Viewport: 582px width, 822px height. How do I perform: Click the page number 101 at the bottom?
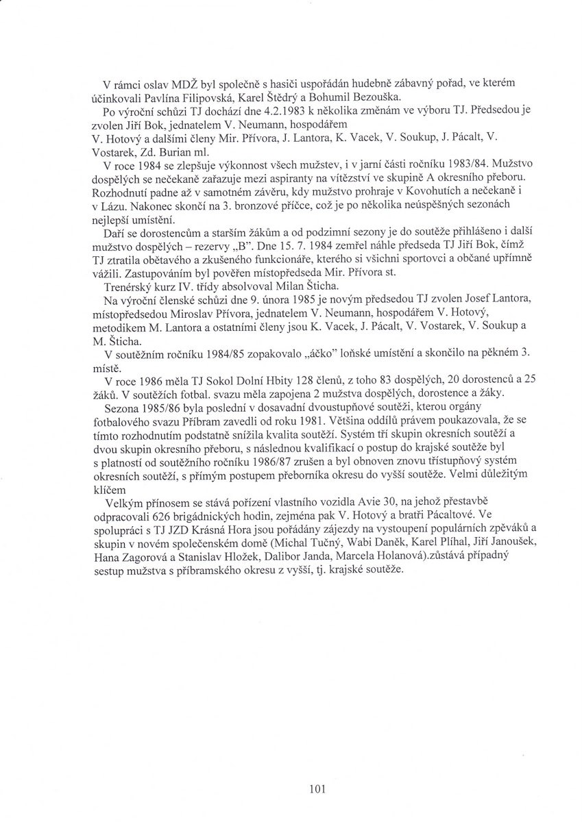(x=316, y=789)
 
